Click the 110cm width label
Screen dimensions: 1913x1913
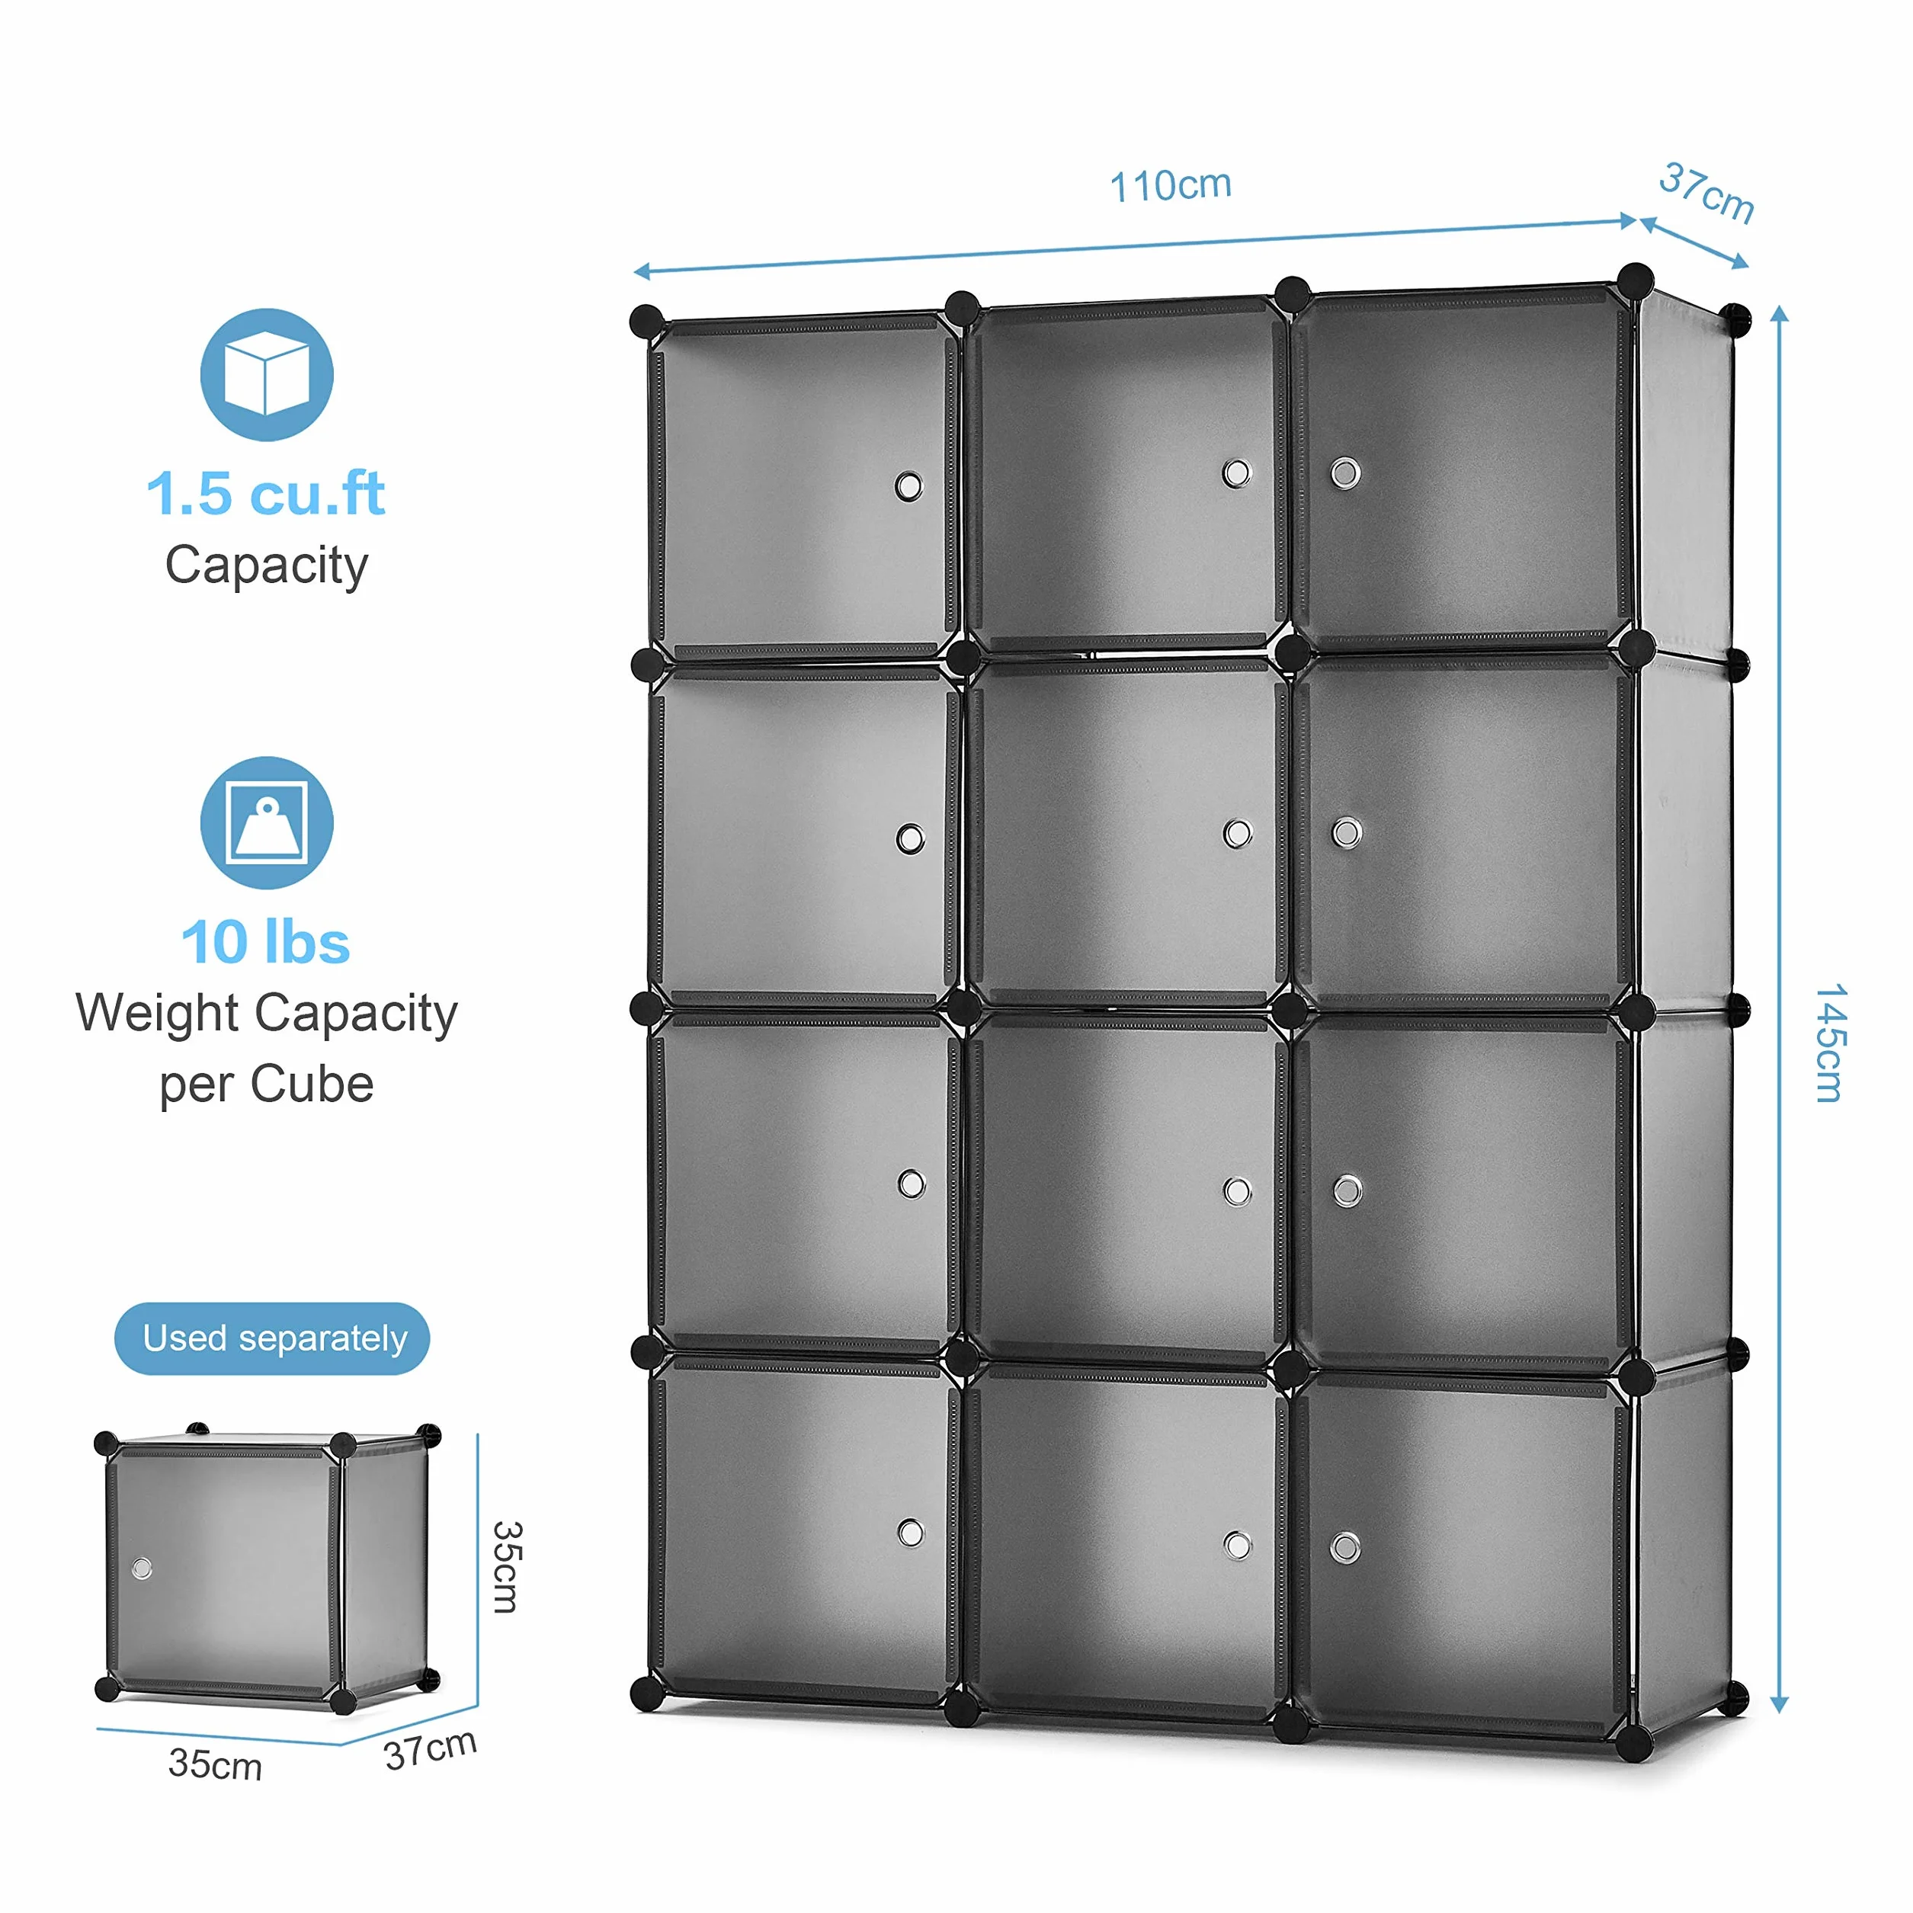click(1171, 185)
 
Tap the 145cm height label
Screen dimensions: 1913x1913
click(1830, 1043)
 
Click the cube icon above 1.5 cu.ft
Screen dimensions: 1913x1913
click(266, 374)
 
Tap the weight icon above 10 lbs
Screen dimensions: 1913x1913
click(266, 823)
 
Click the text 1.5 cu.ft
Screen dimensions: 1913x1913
click(265, 493)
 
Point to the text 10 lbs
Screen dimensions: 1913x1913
click(265, 942)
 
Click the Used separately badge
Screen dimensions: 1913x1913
click(272, 1338)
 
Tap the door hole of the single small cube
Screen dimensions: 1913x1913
click(142, 1569)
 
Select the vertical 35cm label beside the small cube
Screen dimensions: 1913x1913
click(506, 1568)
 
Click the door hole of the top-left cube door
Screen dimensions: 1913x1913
click(909, 486)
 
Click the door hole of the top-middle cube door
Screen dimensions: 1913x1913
click(1235, 473)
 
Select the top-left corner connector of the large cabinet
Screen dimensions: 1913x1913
click(646, 321)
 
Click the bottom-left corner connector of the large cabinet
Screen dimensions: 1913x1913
click(646, 1694)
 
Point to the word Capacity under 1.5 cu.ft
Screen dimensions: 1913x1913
click(266, 566)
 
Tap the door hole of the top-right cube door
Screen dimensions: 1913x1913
click(1344, 473)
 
